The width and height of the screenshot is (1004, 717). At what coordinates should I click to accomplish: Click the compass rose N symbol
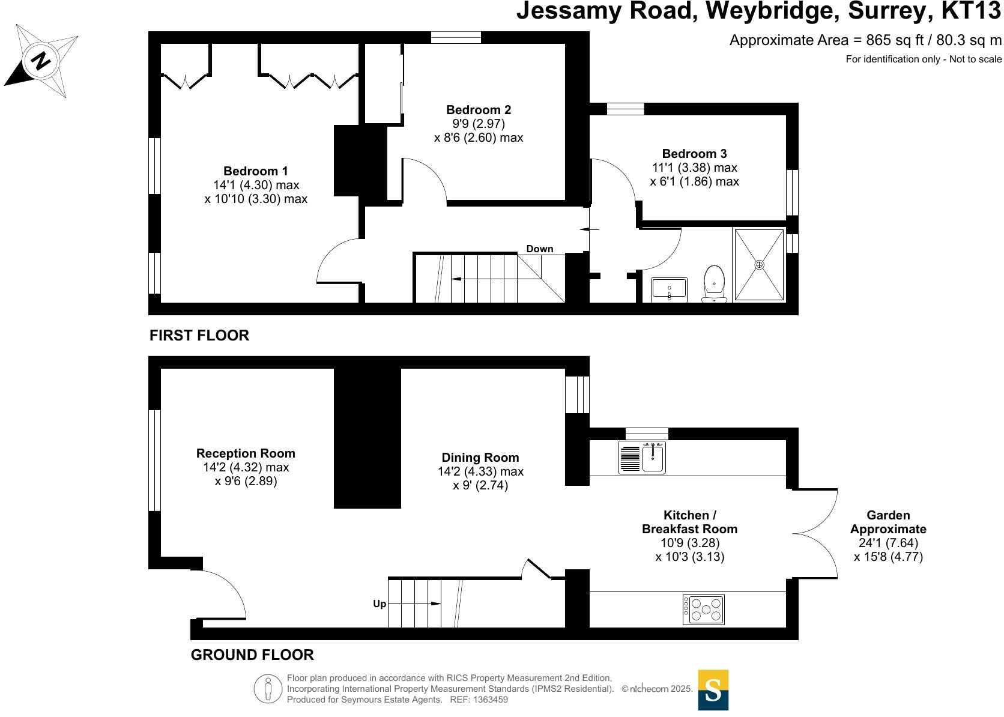(40, 61)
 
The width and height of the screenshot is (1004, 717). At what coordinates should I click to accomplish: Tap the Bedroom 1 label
(256, 171)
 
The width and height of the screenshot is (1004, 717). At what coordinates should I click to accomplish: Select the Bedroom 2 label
(479, 110)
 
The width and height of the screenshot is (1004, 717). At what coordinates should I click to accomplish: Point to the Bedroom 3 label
(694, 154)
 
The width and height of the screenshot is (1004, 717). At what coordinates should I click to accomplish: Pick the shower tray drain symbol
(759, 265)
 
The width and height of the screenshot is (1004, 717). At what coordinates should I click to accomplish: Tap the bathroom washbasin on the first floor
(669, 289)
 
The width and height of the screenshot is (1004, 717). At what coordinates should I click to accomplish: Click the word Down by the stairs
(539, 249)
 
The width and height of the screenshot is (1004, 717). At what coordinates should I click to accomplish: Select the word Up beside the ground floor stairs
(380, 604)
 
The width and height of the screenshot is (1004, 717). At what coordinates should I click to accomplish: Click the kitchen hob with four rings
(704, 610)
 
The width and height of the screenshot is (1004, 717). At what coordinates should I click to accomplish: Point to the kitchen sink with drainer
(642, 458)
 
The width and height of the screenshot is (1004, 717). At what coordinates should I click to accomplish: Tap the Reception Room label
(246, 453)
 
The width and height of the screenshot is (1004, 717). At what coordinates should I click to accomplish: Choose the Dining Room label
(480, 458)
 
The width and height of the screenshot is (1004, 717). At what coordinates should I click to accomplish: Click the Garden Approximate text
(888, 522)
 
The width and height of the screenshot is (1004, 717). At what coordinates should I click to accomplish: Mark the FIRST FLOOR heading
(199, 336)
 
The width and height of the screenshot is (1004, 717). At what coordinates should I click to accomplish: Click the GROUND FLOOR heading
(252, 655)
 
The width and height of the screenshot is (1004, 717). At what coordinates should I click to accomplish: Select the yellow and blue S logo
(713, 690)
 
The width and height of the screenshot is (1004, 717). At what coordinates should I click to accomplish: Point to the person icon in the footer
(268, 689)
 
